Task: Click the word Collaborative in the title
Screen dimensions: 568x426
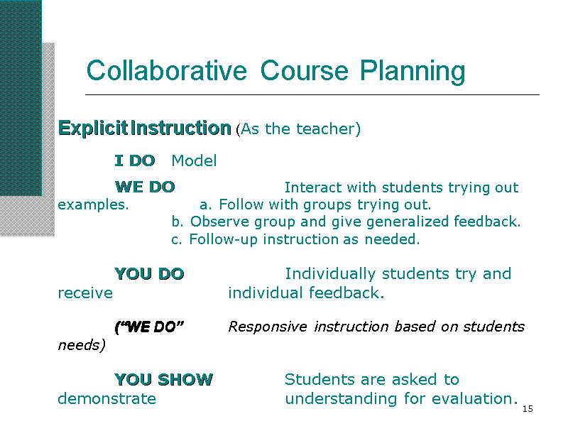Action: click(167, 70)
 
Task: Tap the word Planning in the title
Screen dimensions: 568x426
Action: click(413, 72)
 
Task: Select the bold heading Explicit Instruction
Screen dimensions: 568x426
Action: click(145, 129)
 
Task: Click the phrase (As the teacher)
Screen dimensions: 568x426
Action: click(298, 129)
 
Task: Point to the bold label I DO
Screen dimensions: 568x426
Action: click(135, 160)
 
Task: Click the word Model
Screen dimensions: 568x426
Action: click(194, 160)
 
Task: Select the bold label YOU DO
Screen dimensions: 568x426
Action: click(149, 274)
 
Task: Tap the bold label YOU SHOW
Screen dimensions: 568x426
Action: click(164, 380)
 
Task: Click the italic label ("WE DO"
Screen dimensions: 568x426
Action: click(149, 327)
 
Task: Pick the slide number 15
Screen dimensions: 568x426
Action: click(528, 409)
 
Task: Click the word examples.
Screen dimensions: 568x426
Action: click(94, 205)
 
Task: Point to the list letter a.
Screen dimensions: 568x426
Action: click(205, 205)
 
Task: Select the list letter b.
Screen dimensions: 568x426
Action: click(177, 222)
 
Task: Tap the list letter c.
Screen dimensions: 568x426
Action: click(176, 240)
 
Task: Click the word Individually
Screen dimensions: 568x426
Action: click(330, 274)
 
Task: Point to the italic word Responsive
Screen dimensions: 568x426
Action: click(268, 327)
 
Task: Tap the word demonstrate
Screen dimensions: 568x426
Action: click(107, 399)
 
